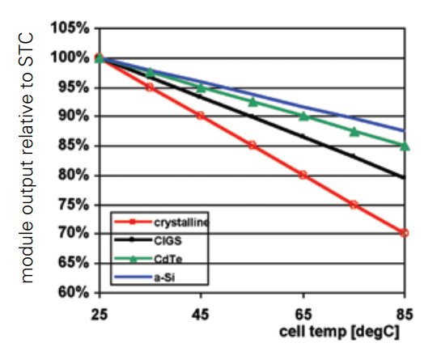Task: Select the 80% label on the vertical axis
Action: point(71,176)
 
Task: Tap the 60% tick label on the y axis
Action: point(71,292)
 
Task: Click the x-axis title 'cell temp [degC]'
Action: point(341,332)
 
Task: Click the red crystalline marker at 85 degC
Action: point(405,233)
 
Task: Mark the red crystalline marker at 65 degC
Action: point(303,175)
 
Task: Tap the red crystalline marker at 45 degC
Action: point(201,116)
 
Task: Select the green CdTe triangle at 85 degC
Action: point(405,146)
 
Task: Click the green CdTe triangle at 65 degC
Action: point(303,116)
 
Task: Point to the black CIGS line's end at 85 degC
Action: point(405,178)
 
